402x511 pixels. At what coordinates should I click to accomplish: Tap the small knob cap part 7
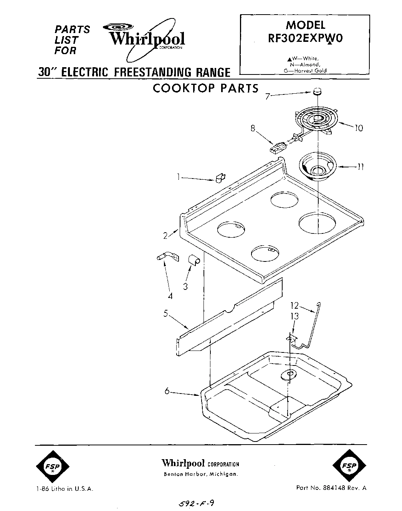(317, 91)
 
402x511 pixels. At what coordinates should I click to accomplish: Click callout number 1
(178, 177)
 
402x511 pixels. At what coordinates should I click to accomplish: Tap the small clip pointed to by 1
(219, 179)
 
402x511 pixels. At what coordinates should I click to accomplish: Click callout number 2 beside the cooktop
(165, 236)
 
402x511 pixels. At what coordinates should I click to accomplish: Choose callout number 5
(165, 314)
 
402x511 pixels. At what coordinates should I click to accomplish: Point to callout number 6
(167, 391)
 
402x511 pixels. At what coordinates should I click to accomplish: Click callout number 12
(294, 306)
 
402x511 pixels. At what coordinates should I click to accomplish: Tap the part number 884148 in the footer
(336, 488)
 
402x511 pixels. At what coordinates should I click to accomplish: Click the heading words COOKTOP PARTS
(206, 88)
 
